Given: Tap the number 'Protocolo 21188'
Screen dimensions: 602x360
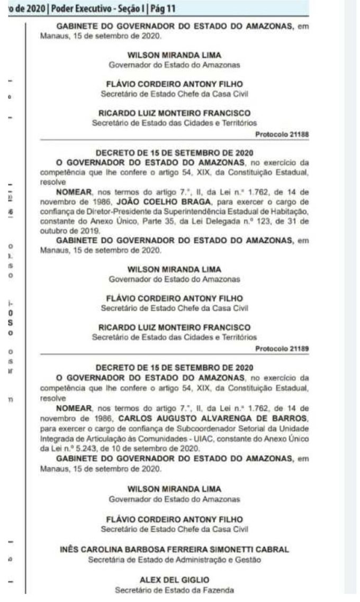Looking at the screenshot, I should (282, 134).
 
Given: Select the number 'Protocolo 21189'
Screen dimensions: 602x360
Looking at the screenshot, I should (282, 349).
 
